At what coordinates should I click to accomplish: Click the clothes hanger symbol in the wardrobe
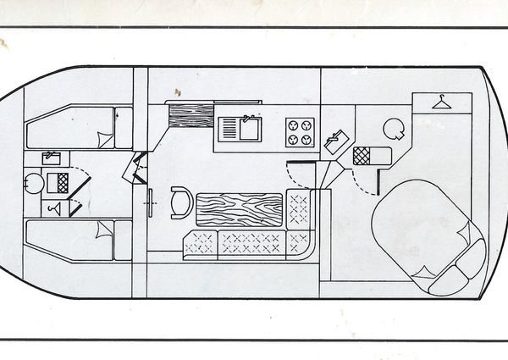pos(439,102)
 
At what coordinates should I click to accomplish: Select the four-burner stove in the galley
pos(300,131)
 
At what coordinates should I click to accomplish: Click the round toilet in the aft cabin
pos(394,128)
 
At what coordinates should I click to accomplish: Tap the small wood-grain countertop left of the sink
pos(189,114)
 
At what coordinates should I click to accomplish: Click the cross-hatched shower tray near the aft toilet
pos(362,155)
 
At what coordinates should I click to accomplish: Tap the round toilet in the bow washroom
pos(33,182)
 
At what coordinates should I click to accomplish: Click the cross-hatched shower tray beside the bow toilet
pos(57,181)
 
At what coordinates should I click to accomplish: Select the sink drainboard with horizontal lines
pos(229,129)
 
